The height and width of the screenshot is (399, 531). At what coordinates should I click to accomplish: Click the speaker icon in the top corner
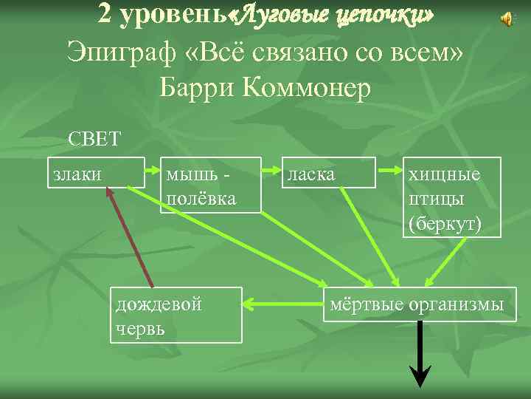pos(507,20)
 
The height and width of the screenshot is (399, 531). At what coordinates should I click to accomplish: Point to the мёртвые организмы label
pos(417,304)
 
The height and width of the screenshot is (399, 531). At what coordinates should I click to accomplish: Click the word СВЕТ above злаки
pos(94,139)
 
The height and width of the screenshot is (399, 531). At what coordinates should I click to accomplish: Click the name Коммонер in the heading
pos(307,88)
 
